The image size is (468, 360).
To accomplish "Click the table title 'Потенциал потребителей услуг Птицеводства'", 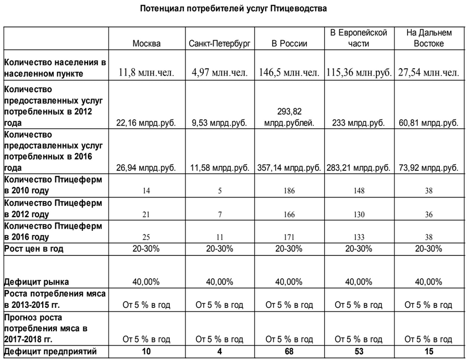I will tap(234, 9).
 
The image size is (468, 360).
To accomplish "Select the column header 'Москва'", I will tap(146, 44).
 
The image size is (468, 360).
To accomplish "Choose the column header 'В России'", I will tap(289, 44).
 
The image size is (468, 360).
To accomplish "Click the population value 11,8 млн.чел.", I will tap(146, 73).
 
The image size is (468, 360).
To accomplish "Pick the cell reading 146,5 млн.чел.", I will tap(289, 73).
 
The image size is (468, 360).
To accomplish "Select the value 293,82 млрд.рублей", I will tap(289, 117).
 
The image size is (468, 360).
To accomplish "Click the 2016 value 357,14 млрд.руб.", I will tap(289, 168).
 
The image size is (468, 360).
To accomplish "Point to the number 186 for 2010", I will tap(289, 191).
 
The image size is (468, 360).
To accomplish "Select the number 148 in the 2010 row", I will tap(359, 191).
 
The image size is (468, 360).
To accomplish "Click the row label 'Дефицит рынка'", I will tap(36, 282).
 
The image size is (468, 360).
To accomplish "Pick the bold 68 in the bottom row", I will tap(289, 352).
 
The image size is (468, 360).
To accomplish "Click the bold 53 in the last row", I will tap(359, 352).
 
